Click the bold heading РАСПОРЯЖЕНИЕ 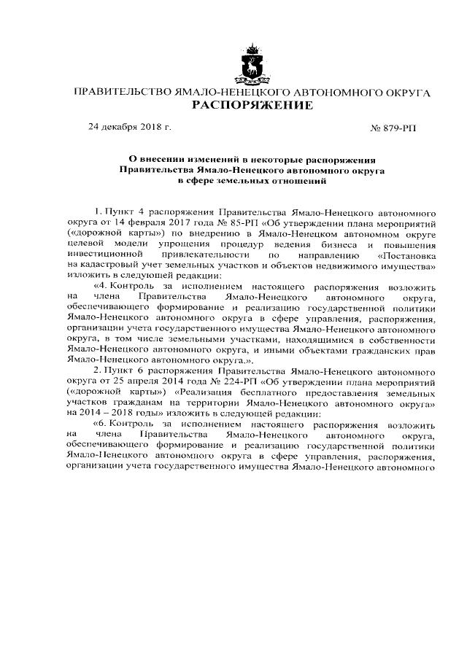pos(252,106)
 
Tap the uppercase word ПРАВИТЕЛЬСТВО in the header pos(120,93)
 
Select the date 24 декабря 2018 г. pos(129,127)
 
